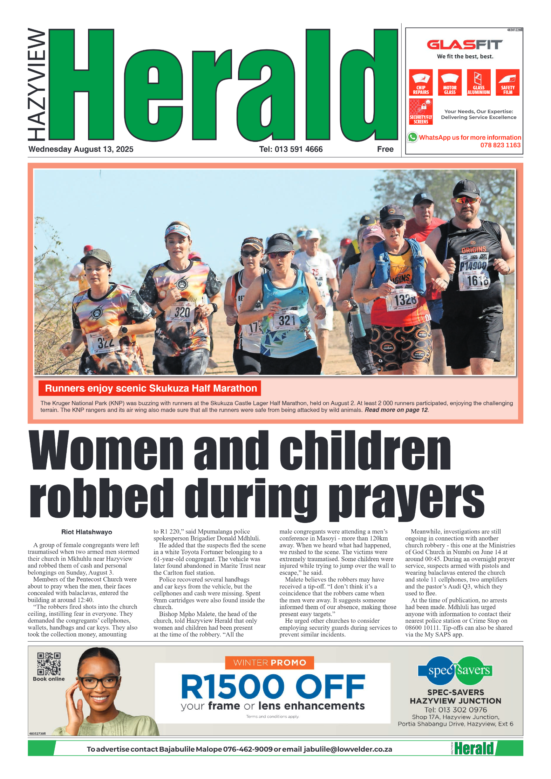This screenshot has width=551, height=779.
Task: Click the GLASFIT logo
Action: tap(464, 45)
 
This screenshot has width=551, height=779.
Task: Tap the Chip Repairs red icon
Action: tap(421, 82)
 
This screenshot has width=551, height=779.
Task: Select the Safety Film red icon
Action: tap(507, 82)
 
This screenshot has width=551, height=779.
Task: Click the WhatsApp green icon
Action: tap(413, 137)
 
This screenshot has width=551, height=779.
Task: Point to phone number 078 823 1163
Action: tap(500, 145)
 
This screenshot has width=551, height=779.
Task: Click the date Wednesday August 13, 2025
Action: tap(81, 149)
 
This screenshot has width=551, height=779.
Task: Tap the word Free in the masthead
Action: tap(385, 149)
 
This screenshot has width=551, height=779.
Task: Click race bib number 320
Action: tap(182, 312)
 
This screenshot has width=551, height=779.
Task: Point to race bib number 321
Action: tap(287, 320)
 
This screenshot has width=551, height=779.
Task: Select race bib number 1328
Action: tap(405, 300)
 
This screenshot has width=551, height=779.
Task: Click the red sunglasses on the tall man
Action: tap(466, 201)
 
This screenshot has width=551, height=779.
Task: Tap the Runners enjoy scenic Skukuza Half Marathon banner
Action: tap(151, 388)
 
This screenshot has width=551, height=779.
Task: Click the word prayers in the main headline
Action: tap(407, 497)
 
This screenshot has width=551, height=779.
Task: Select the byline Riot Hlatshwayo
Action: tap(87, 532)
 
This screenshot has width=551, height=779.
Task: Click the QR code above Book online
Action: tap(49, 663)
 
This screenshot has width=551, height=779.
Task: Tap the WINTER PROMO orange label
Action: tap(269, 662)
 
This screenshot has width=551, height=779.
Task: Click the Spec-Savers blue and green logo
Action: tap(455, 670)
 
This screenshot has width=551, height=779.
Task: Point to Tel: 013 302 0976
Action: tap(455, 710)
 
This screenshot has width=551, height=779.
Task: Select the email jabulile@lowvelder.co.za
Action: tap(348, 749)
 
